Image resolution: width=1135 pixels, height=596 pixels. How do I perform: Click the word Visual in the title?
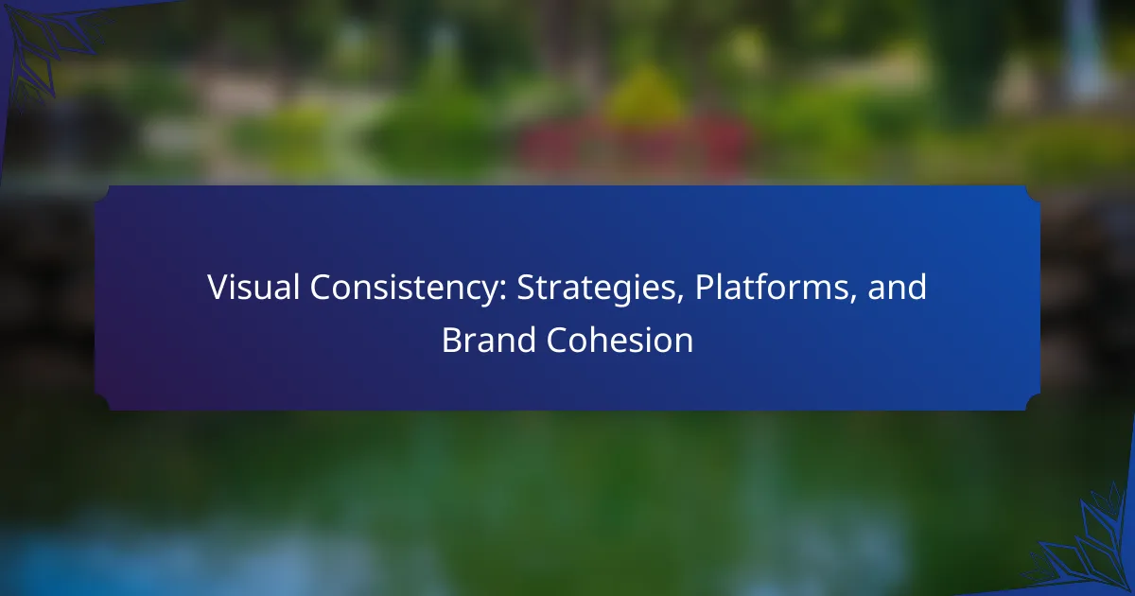pyautogui.click(x=253, y=287)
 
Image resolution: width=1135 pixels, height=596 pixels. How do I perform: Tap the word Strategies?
pyautogui.click(x=597, y=289)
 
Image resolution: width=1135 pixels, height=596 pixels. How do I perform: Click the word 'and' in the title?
pyautogui.click(x=897, y=287)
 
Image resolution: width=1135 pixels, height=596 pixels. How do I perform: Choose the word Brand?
pyautogui.click(x=489, y=340)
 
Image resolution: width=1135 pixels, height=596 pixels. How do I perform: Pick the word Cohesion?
pyautogui.click(x=620, y=340)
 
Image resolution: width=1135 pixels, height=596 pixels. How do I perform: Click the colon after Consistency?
pyautogui.click(x=503, y=291)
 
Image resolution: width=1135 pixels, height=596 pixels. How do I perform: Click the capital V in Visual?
pyautogui.click(x=218, y=288)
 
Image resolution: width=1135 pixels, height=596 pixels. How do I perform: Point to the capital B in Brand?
pyautogui.click(x=451, y=340)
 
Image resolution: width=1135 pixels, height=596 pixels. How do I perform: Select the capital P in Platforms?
pyautogui.click(x=705, y=288)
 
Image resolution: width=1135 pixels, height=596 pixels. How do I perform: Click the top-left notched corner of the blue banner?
pyautogui.click(x=102, y=194)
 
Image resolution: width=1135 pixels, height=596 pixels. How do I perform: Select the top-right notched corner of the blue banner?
pyautogui.click(x=1033, y=194)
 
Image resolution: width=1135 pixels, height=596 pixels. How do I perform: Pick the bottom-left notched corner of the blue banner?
pyautogui.click(x=102, y=402)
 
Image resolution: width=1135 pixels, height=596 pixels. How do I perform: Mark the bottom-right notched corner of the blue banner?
pyautogui.click(x=1033, y=402)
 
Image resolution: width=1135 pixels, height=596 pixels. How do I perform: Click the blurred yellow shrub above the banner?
pyautogui.click(x=643, y=96)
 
